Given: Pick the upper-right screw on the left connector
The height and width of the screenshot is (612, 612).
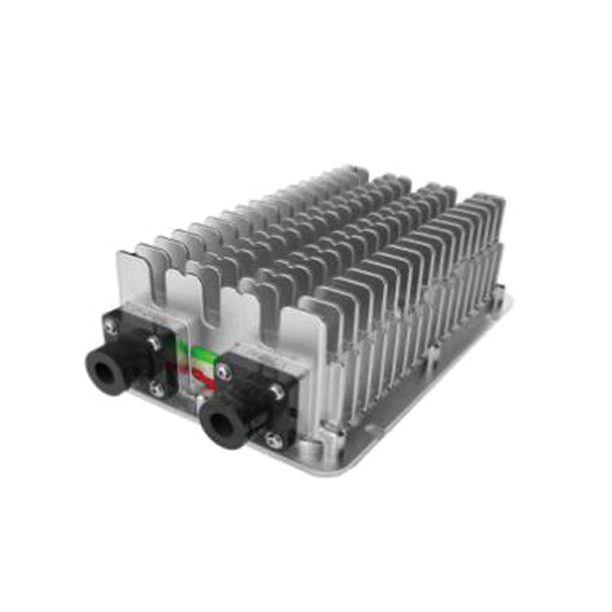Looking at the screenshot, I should click(155, 343).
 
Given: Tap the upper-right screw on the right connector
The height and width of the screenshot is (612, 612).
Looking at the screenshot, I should click(276, 391).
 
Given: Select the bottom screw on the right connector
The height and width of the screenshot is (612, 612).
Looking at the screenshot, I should click(273, 439).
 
